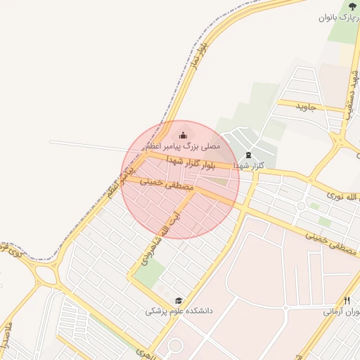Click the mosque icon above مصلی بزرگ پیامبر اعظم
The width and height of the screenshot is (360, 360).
(x=184, y=135)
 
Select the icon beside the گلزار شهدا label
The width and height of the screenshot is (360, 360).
(x=247, y=155)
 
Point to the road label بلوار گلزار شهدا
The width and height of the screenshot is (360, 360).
(x=188, y=164)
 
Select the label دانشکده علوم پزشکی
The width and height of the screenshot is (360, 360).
(x=179, y=311)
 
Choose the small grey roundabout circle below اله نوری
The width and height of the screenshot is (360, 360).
(x=301, y=206)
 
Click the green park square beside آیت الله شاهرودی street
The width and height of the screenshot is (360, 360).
(x=149, y=274)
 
